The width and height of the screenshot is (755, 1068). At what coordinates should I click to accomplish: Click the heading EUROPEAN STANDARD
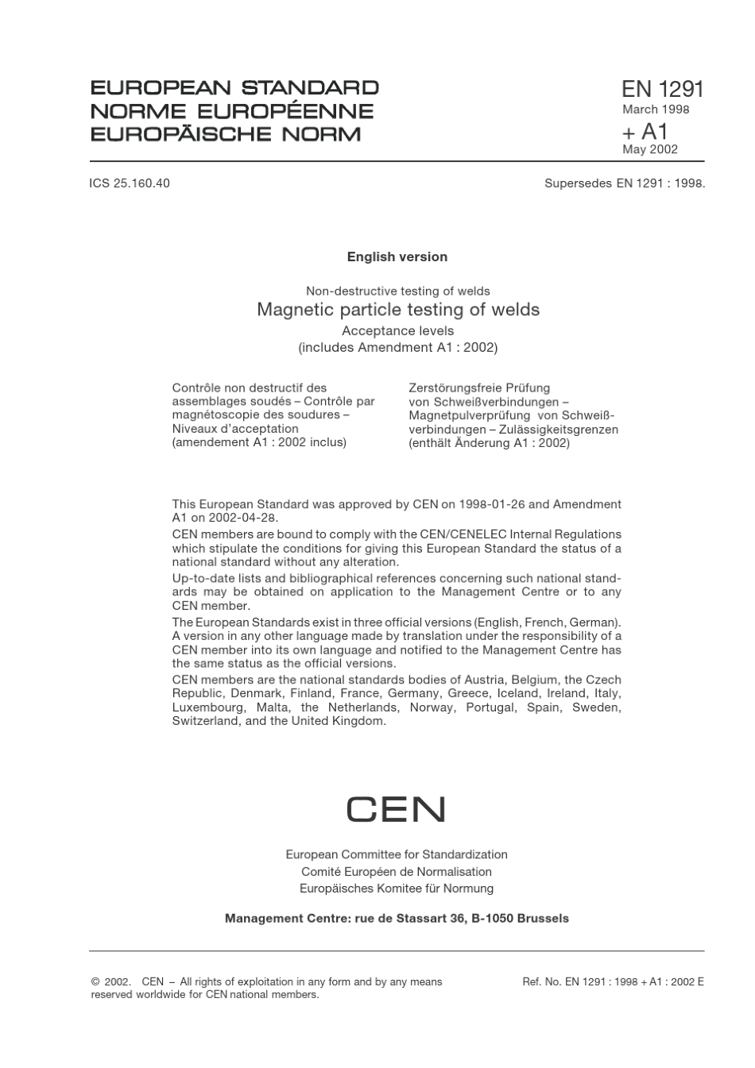pyautogui.click(x=234, y=88)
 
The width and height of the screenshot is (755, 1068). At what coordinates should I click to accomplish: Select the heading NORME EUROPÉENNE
pyautogui.click(x=232, y=111)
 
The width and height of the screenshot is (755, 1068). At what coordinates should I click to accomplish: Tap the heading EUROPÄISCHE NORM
pyautogui.click(x=226, y=133)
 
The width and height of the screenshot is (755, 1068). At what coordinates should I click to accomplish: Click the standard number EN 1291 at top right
pyautogui.click(x=663, y=89)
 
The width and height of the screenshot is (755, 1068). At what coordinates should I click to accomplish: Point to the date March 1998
pyautogui.click(x=656, y=110)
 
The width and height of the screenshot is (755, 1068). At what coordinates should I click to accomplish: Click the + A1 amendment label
pyautogui.click(x=645, y=131)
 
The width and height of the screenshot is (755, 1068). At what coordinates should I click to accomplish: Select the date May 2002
pyautogui.click(x=650, y=149)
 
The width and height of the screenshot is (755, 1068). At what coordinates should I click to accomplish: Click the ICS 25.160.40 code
pyautogui.click(x=130, y=183)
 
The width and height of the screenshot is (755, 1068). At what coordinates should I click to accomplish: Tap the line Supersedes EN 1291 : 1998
pyautogui.click(x=625, y=183)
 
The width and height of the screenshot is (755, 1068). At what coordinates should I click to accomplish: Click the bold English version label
pyautogui.click(x=397, y=256)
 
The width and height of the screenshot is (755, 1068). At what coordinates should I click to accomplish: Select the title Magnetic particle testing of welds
pyautogui.click(x=398, y=310)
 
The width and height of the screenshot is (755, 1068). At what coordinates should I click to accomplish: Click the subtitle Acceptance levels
pyautogui.click(x=397, y=330)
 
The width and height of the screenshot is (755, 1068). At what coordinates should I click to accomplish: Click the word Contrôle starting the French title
pyautogui.click(x=196, y=387)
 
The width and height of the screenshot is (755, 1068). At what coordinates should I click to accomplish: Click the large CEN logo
pyautogui.click(x=396, y=810)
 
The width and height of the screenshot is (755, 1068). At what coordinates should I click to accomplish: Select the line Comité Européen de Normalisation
pyautogui.click(x=397, y=871)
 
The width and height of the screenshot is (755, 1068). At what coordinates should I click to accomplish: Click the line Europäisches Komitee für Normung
pyautogui.click(x=397, y=888)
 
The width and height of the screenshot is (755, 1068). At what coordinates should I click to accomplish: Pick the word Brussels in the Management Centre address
pyautogui.click(x=543, y=918)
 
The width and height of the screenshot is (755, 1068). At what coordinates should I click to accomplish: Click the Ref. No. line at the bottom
pyautogui.click(x=613, y=982)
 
